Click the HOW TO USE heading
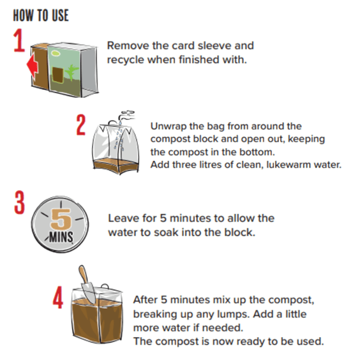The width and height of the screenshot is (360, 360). tap(41, 15)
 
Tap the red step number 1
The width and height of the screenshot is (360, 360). tap(19, 40)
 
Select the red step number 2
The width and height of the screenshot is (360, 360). tap(81, 124)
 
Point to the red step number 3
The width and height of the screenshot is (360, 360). tap(19, 202)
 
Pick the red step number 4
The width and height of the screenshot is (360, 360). tap(58, 297)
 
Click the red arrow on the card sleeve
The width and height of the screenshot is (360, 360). tap(33, 66)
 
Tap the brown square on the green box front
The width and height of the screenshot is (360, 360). tap(57, 75)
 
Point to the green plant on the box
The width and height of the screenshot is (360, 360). tap(71, 72)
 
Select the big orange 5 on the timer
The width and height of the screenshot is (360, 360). tap(61, 219)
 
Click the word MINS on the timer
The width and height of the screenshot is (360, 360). tap(61, 237)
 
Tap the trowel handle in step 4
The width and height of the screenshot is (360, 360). tap(83, 274)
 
